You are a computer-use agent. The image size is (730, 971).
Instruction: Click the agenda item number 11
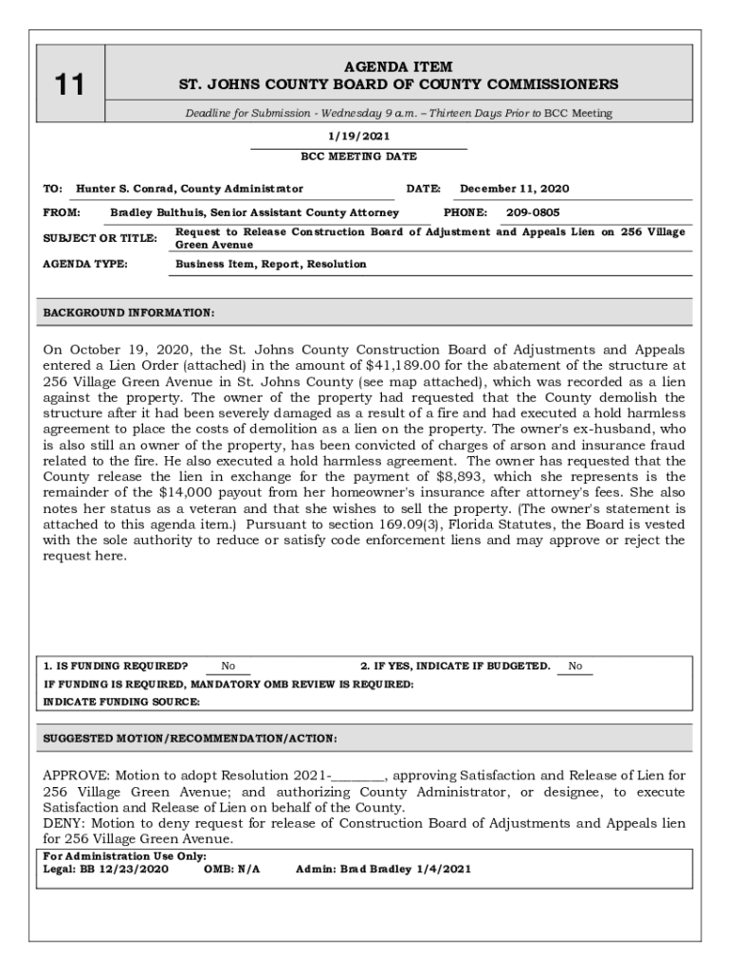point(68,85)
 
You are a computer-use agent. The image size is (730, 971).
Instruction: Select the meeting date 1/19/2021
point(358,137)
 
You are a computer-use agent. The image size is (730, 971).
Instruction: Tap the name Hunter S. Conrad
point(126,189)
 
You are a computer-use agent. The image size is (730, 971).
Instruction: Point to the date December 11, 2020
point(515,189)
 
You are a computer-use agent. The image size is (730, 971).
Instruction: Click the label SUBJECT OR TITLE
point(100,238)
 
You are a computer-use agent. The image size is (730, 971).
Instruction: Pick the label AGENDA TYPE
point(86,265)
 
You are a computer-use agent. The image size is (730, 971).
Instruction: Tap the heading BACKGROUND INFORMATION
point(129,312)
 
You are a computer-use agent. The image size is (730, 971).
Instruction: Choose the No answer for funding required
point(228,666)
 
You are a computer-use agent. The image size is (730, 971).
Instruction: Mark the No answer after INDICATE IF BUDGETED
point(575,666)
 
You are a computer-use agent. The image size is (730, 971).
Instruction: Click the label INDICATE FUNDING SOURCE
point(122,702)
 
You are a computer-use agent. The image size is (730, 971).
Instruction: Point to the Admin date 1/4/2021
point(444,869)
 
